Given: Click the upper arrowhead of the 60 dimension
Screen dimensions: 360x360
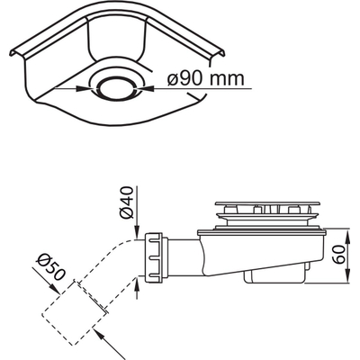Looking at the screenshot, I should pos(321,226).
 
